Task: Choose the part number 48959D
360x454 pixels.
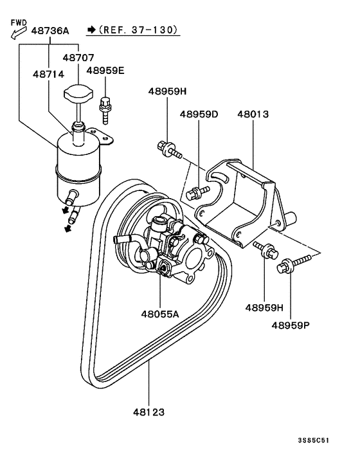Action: tap(199, 114)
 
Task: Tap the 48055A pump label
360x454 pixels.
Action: tap(160, 314)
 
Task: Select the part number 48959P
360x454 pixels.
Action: tap(290, 325)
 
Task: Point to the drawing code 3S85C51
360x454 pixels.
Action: tap(317, 441)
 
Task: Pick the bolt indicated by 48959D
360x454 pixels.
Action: tap(195, 191)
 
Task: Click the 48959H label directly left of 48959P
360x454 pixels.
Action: tap(264, 307)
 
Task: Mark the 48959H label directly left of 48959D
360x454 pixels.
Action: tap(167, 92)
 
